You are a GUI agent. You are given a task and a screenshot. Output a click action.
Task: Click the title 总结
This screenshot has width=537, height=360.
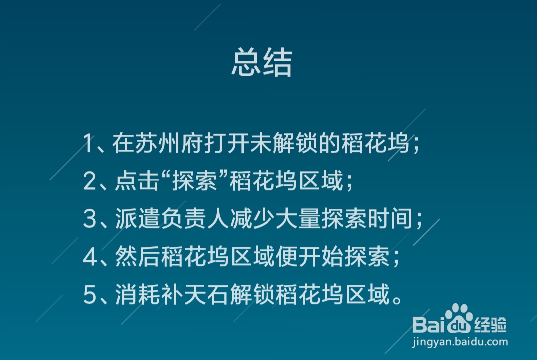pyautogui.click(x=262, y=63)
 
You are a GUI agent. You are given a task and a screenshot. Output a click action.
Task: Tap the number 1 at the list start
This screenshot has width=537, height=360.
pyautogui.click(x=88, y=144)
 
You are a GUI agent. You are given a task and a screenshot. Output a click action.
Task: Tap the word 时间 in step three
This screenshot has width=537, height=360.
pyautogui.click(x=396, y=219)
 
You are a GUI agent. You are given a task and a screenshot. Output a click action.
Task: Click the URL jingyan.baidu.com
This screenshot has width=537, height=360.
pyautogui.click(x=460, y=342)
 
